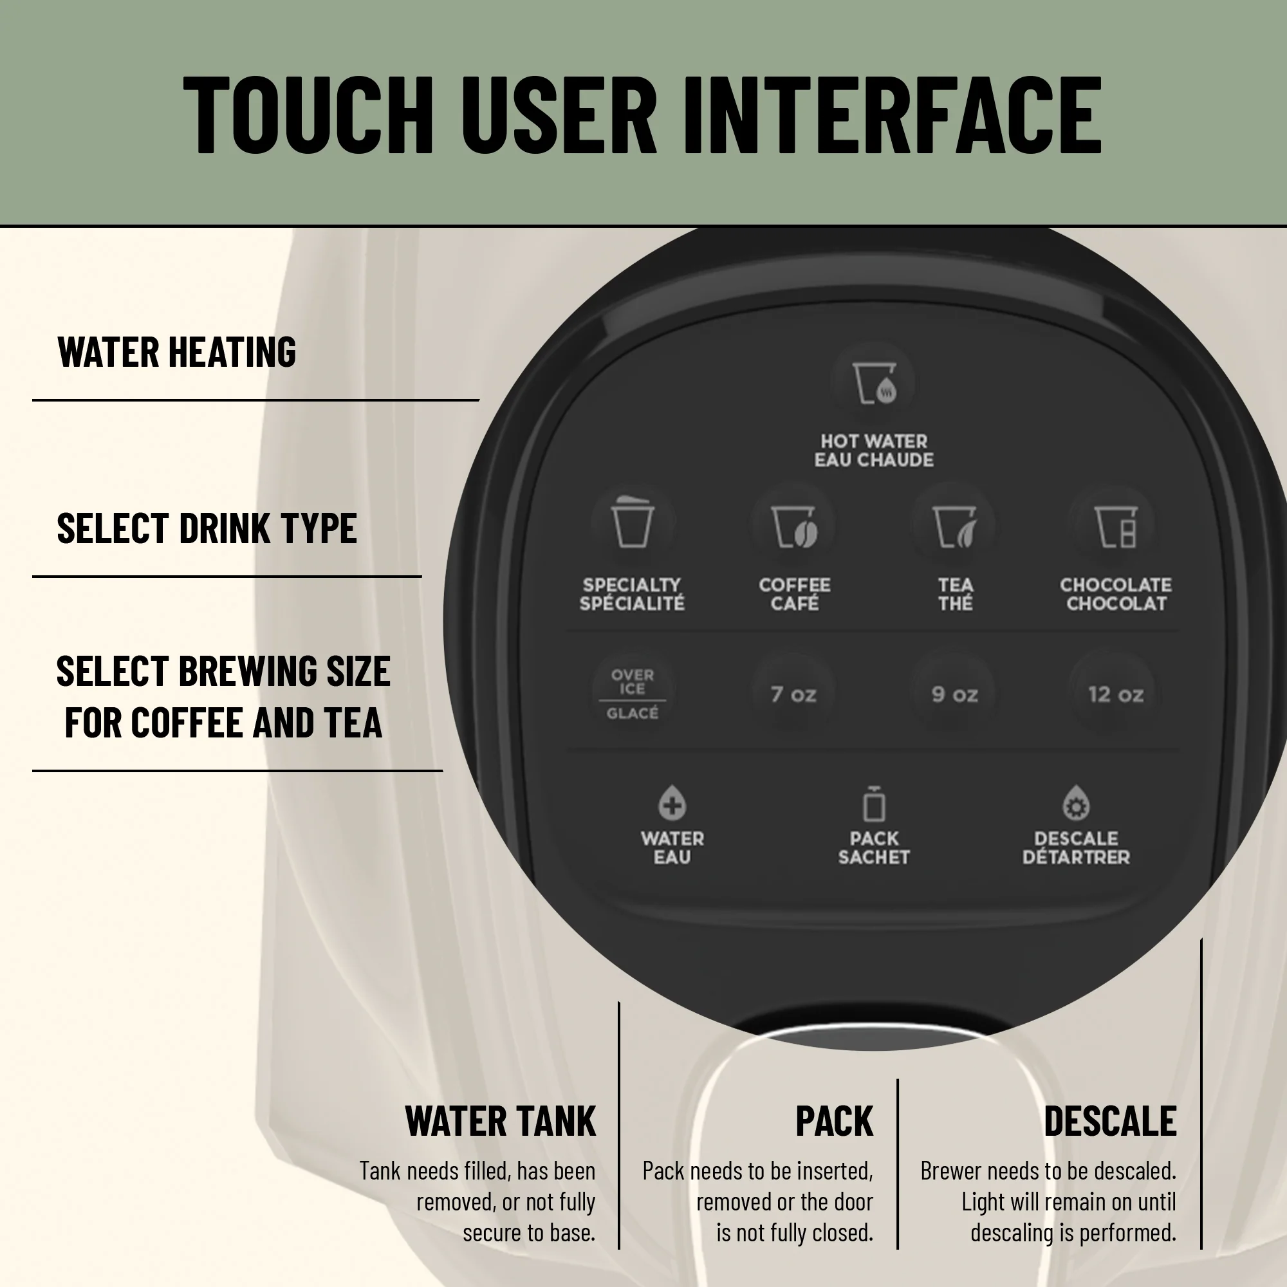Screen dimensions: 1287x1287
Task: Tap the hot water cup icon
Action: pos(875,383)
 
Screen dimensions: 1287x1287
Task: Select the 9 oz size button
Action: pos(954,694)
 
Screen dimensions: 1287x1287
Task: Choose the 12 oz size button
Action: pos(1115,694)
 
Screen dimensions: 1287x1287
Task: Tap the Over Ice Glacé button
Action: pos(632,694)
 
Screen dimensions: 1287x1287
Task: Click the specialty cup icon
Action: pos(632,522)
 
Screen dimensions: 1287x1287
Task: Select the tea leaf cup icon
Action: pos(954,526)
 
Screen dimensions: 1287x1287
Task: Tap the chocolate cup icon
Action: pos(1116,526)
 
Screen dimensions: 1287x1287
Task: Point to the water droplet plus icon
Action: pos(672,802)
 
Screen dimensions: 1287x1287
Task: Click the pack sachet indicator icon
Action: pos(874,803)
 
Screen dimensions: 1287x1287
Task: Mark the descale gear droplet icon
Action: pos(1076,802)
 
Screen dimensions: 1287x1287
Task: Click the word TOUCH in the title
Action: pos(308,115)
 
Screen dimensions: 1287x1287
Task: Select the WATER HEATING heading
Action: pos(176,352)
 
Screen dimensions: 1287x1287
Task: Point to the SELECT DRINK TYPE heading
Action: pos(207,528)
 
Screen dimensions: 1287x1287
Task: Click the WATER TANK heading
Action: pos(500,1121)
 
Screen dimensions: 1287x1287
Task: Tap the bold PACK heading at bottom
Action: pos(834,1121)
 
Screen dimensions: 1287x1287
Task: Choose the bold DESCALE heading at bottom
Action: pos(1110,1121)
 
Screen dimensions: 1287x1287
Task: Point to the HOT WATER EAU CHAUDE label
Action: pos(874,450)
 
